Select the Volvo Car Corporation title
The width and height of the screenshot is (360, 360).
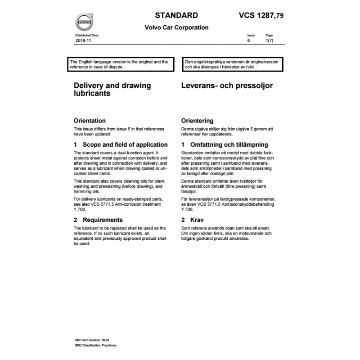click(176, 27)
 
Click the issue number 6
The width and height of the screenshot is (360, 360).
click(248, 40)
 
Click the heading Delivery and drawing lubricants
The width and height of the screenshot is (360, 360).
click(112, 90)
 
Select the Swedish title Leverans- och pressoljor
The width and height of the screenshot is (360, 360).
click(227, 85)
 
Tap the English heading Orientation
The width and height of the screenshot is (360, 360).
click(90, 121)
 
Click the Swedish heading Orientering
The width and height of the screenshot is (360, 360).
click(197, 121)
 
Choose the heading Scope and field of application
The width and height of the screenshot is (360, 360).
click(120, 144)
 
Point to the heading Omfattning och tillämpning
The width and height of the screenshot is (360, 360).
click(224, 144)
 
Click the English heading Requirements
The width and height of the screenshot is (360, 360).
click(98, 220)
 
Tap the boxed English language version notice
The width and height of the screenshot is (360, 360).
click(119, 64)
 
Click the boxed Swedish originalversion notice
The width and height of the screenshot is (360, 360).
click(232, 64)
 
